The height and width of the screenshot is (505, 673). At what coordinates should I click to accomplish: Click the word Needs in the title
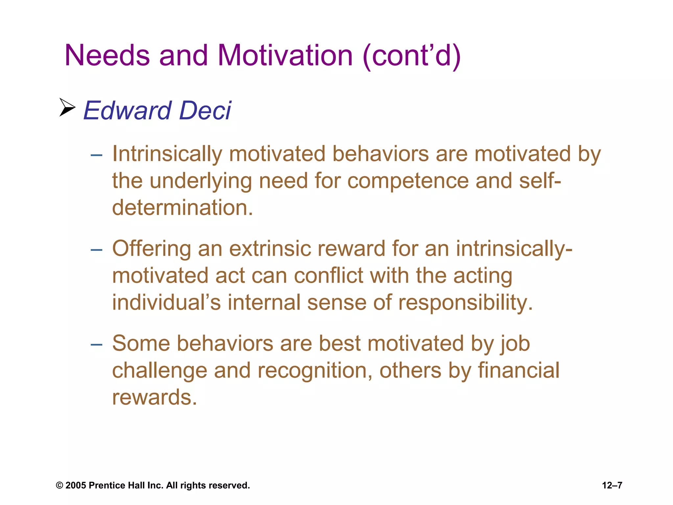[x=107, y=55]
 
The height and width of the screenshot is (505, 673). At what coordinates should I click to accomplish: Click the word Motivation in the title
[x=285, y=55]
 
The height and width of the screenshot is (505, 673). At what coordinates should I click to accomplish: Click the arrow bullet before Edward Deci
[x=67, y=107]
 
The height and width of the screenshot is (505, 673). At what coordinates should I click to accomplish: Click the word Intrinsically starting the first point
[x=167, y=154]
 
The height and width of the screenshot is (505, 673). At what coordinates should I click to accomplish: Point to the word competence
[x=408, y=181]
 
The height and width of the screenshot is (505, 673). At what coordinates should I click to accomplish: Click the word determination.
[x=182, y=208]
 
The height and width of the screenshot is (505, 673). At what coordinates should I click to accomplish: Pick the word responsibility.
[x=465, y=302]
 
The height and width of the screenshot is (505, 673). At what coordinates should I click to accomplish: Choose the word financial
[x=518, y=370]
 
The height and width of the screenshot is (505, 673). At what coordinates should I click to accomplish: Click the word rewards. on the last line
[x=154, y=397]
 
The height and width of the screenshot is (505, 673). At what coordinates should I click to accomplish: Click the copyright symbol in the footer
[x=59, y=486]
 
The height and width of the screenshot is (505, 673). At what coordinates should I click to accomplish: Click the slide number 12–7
[x=612, y=486]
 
